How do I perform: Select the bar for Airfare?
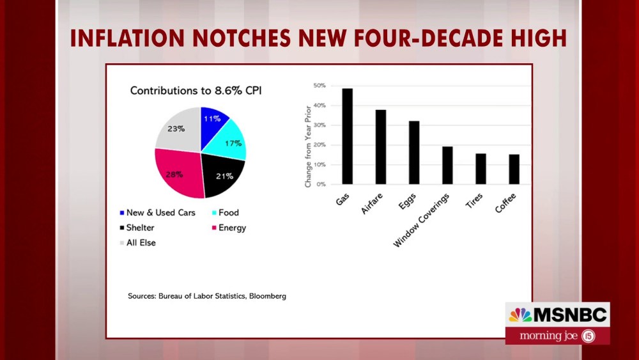click(x=381, y=147)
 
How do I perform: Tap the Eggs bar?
click(x=414, y=153)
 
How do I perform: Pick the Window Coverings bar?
click(x=447, y=166)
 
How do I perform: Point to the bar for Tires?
click(x=481, y=169)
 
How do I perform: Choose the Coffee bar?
click(x=514, y=169)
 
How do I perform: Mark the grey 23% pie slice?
click(x=177, y=131)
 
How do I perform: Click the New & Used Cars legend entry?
click(x=157, y=213)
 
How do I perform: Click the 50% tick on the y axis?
click(x=319, y=86)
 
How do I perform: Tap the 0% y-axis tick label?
click(x=321, y=184)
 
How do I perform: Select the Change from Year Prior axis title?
click(x=308, y=146)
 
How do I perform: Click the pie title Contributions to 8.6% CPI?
click(x=196, y=91)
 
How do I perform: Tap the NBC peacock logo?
click(x=520, y=315)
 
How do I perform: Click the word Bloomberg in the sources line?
click(x=268, y=297)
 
